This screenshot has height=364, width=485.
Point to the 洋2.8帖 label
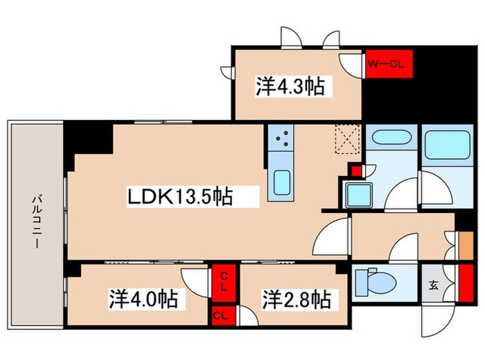tap(296, 300)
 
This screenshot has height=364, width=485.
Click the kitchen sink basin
tap(282, 184)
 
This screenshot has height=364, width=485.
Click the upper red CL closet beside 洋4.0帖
tap(224, 283)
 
